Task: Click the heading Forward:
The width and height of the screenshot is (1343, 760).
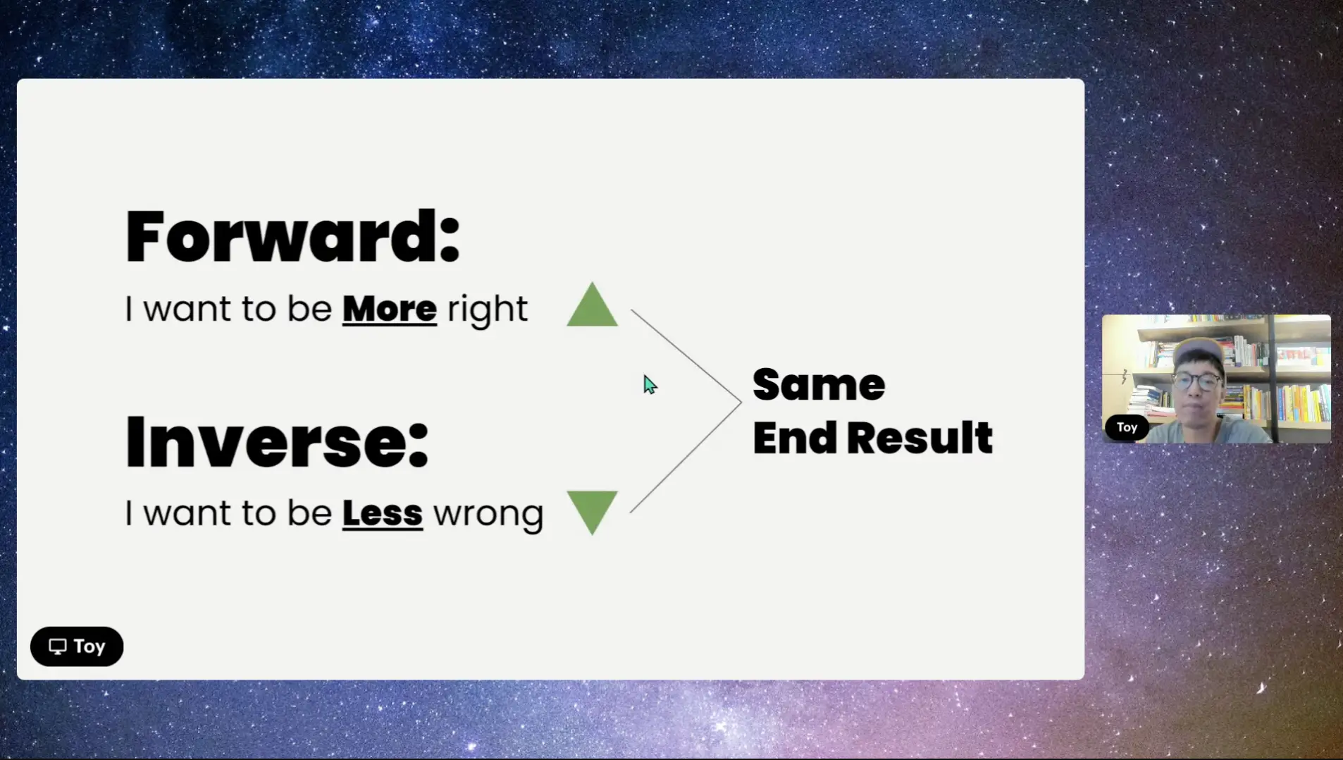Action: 292,236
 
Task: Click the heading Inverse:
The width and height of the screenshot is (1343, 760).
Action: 277,442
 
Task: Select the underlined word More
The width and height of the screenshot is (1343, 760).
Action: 390,309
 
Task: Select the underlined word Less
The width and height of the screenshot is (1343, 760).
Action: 383,513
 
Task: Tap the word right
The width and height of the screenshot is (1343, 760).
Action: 488,310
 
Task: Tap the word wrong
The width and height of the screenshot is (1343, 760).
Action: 488,515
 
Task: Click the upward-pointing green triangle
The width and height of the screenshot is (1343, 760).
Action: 593,305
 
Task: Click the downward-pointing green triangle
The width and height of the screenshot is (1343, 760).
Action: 593,513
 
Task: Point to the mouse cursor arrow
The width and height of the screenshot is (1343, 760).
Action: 650,384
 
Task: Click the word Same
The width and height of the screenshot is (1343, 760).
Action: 819,385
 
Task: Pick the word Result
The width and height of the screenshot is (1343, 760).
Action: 920,438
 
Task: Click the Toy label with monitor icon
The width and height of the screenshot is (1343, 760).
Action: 77,646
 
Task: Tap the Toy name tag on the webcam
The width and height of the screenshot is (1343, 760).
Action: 1127,427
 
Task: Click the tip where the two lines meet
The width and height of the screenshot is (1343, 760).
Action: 741,403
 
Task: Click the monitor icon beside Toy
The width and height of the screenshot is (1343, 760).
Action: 58,646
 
